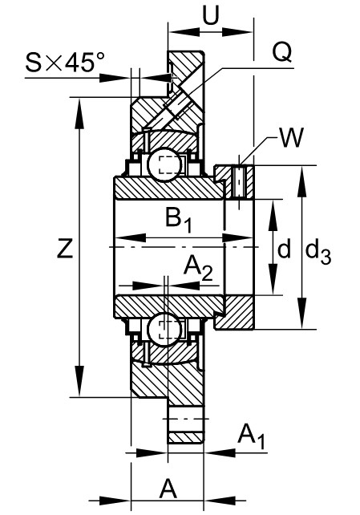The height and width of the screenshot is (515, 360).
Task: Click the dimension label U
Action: click(210, 15)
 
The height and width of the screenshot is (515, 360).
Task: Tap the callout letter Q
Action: click(282, 53)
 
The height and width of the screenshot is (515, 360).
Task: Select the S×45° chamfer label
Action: click(60, 63)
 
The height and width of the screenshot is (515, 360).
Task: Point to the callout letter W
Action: click(291, 137)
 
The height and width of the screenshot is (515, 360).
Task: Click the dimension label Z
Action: click(65, 248)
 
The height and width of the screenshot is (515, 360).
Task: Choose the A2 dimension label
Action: click(198, 268)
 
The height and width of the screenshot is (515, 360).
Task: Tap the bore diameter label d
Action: click(284, 248)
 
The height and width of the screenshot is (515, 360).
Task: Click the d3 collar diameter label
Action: click(318, 253)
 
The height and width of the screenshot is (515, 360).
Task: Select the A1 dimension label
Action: click(251, 436)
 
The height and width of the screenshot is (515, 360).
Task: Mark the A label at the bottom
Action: click(168, 489)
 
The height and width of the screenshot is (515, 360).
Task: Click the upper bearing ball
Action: click(164, 165)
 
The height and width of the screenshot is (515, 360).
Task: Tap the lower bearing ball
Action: click(164, 328)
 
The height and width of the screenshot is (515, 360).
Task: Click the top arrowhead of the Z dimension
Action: click(79, 114)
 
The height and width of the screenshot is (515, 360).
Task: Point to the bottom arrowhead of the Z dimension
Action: click(79, 381)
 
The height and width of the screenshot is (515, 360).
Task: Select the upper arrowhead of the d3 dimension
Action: click(302, 181)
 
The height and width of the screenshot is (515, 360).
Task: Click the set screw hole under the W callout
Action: click(239, 182)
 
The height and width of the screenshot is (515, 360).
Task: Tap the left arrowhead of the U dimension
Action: click(184, 32)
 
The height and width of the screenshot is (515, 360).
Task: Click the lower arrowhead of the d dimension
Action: click(273, 280)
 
